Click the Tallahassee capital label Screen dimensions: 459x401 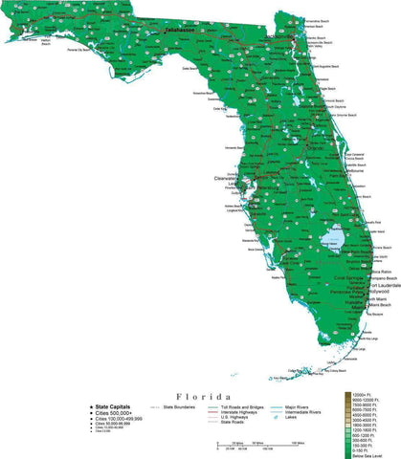click(x=179, y=32)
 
